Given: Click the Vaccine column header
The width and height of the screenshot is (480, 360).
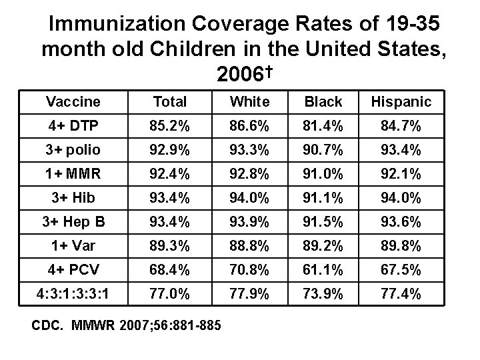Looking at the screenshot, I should tap(73, 102).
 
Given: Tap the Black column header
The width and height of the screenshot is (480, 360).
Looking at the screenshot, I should tap(323, 102).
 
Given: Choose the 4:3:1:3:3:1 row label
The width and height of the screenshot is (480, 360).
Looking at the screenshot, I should tap(73, 293).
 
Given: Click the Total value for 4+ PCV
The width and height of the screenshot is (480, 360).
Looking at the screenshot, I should tap(170, 269).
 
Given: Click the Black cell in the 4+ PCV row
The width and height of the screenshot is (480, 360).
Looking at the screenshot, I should tap(323, 269).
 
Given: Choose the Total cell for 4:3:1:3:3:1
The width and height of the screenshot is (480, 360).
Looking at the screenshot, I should tap(170, 293).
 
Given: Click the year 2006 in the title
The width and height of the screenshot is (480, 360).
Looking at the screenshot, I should tap(237, 75).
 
